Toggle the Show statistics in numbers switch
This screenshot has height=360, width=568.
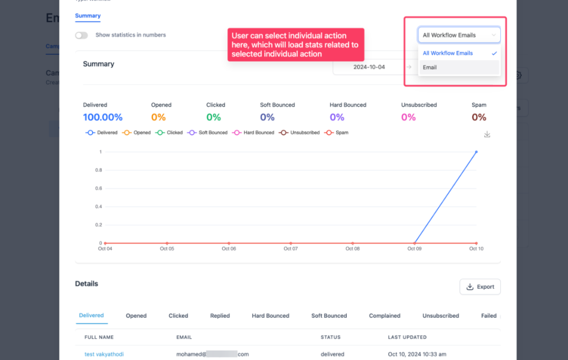coord(81,35)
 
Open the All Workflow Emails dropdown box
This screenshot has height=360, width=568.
coord(459,35)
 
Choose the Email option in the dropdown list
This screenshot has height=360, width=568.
coord(430,67)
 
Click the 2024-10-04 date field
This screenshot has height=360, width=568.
coord(369,67)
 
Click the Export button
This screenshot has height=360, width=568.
coord(480,287)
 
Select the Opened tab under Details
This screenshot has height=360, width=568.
coord(136,316)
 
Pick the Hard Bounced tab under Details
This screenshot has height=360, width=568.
coord(270,316)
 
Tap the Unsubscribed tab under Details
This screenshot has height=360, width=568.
coord(440,316)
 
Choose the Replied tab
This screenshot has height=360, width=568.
coord(220,316)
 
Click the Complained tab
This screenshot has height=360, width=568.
coord(384,316)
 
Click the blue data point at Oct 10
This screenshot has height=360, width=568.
coord(476,152)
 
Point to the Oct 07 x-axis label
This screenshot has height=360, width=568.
coord(291,249)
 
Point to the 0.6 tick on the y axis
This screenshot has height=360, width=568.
coord(99,188)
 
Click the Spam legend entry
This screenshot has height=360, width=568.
coord(337,133)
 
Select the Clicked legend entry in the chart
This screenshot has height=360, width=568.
coord(170,133)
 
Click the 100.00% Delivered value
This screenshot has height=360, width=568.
coord(103,117)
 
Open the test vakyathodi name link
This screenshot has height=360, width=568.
coord(104,354)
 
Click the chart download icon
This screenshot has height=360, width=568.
coord(487,135)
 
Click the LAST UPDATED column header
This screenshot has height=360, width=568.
coord(407,337)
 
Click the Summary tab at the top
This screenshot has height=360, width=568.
coord(87,16)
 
